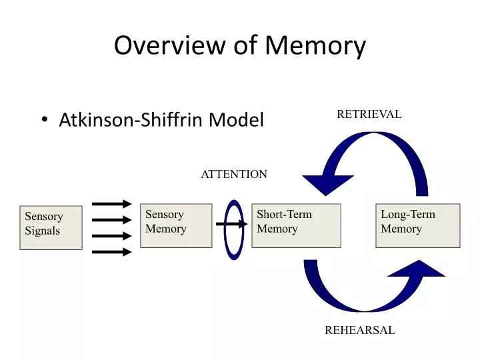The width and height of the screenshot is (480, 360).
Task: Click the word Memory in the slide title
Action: tap(315, 46)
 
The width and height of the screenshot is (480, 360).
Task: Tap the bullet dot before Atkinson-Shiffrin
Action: tap(45, 120)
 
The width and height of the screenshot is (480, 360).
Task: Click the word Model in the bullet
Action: tap(237, 120)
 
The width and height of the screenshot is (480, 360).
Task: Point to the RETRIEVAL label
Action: tap(369, 114)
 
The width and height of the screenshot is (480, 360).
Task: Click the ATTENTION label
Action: tap(234, 174)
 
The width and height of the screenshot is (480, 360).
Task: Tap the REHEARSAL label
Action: tap(359, 330)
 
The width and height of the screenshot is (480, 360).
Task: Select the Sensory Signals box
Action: tap(51, 227)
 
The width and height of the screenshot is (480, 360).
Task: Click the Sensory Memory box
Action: tap(176, 225)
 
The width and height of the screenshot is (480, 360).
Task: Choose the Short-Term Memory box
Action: tap(296, 225)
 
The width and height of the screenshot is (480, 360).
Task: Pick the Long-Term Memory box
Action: tap(417, 225)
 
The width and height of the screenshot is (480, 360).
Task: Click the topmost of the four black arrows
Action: tap(112, 204)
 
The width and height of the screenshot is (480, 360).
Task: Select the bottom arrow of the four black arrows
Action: tap(112, 251)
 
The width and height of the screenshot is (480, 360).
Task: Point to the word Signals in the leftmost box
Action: tap(43, 231)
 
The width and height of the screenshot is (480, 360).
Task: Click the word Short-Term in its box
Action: tap(285, 215)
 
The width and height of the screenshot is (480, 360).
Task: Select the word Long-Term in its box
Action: tap(408, 215)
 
